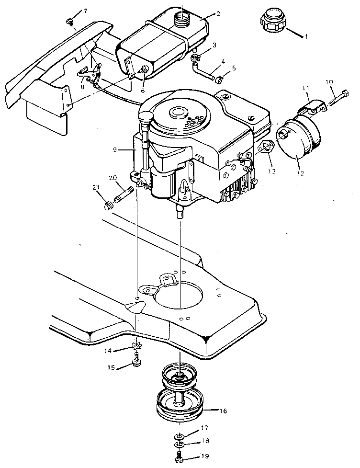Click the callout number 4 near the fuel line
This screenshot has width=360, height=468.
(x=223, y=62)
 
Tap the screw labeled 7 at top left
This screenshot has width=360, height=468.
(x=70, y=21)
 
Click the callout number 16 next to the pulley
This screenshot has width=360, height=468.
(x=223, y=411)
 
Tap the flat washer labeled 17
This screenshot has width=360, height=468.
(x=178, y=436)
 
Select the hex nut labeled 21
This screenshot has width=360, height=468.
(x=109, y=206)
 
